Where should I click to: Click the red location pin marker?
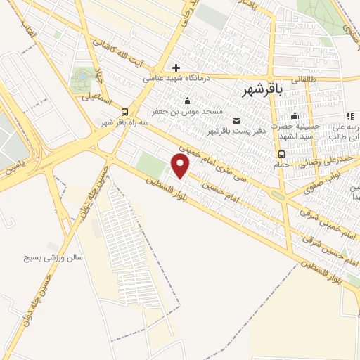point(181,167)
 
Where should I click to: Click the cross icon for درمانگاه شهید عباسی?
point(176,67)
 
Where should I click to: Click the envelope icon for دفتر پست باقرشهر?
point(236,120)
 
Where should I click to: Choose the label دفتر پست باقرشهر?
point(230,131)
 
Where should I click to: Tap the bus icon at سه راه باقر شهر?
point(124,111)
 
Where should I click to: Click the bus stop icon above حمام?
point(281,154)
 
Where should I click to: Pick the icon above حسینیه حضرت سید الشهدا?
point(296,115)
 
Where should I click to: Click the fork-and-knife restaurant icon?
point(349,116)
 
